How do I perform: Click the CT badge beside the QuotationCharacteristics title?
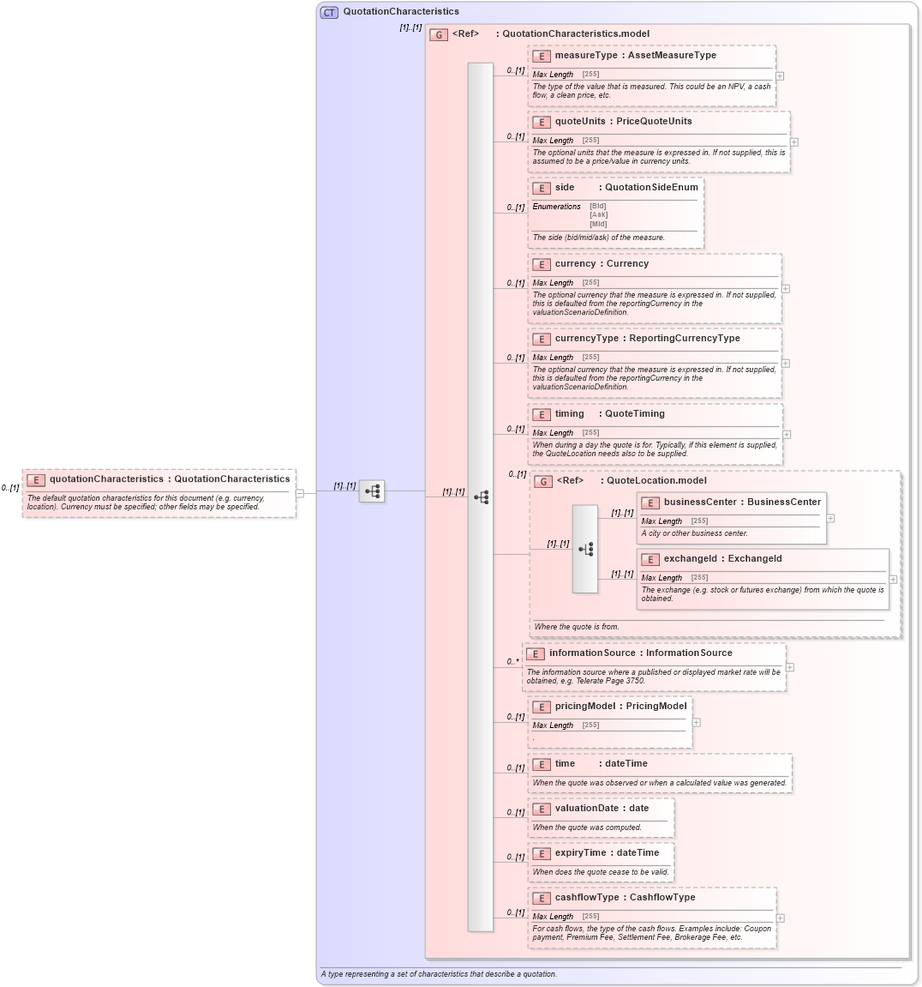click(x=329, y=12)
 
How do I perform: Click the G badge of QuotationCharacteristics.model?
click(x=439, y=34)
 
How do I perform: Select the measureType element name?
click(x=585, y=55)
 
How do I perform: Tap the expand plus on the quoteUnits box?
click(x=794, y=142)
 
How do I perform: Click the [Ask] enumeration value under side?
click(x=598, y=214)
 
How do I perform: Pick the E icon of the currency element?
click(x=541, y=264)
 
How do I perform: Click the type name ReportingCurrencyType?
click(x=684, y=338)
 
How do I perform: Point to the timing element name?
click(x=569, y=413)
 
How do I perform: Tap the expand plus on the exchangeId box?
click(x=893, y=580)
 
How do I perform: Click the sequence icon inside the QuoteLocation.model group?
click(x=585, y=549)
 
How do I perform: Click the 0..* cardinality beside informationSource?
click(x=512, y=661)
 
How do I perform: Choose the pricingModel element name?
click(x=585, y=706)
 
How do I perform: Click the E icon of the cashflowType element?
click(x=541, y=898)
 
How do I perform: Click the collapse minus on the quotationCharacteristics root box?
click(x=299, y=493)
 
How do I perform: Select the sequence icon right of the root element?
click(x=372, y=491)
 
